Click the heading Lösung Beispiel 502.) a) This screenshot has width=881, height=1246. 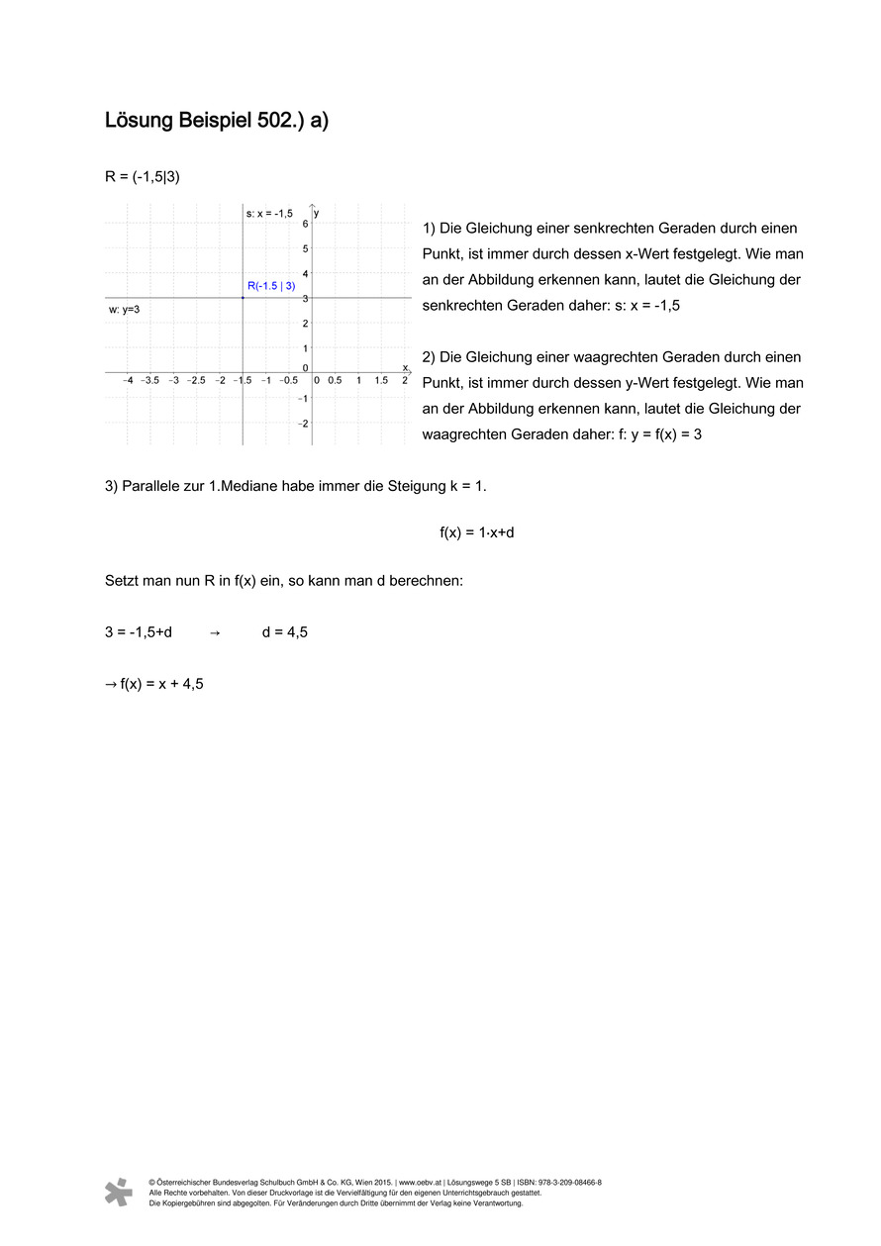[x=216, y=121]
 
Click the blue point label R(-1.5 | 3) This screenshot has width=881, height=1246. [x=271, y=286]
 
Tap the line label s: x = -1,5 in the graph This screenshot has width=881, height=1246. [x=269, y=213]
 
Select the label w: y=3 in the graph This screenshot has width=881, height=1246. [x=124, y=310]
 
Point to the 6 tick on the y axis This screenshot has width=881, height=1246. [x=305, y=224]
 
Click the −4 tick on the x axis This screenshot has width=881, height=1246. [x=128, y=381]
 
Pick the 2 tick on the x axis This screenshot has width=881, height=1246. [x=404, y=381]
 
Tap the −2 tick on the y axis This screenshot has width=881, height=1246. [x=303, y=424]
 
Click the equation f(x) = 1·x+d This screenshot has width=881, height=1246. [x=477, y=532]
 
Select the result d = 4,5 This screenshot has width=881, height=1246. [x=285, y=631]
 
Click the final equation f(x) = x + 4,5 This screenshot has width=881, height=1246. [x=154, y=683]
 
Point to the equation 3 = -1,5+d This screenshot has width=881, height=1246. [x=139, y=631]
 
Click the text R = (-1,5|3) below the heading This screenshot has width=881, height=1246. [x=142, y=176]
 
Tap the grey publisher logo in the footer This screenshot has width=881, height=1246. [x=119, y=1192]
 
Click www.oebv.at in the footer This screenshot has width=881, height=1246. [x=420, y=1183]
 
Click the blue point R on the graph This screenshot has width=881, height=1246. [x=244, y=298]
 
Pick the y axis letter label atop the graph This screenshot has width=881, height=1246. [x=317, y=213]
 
